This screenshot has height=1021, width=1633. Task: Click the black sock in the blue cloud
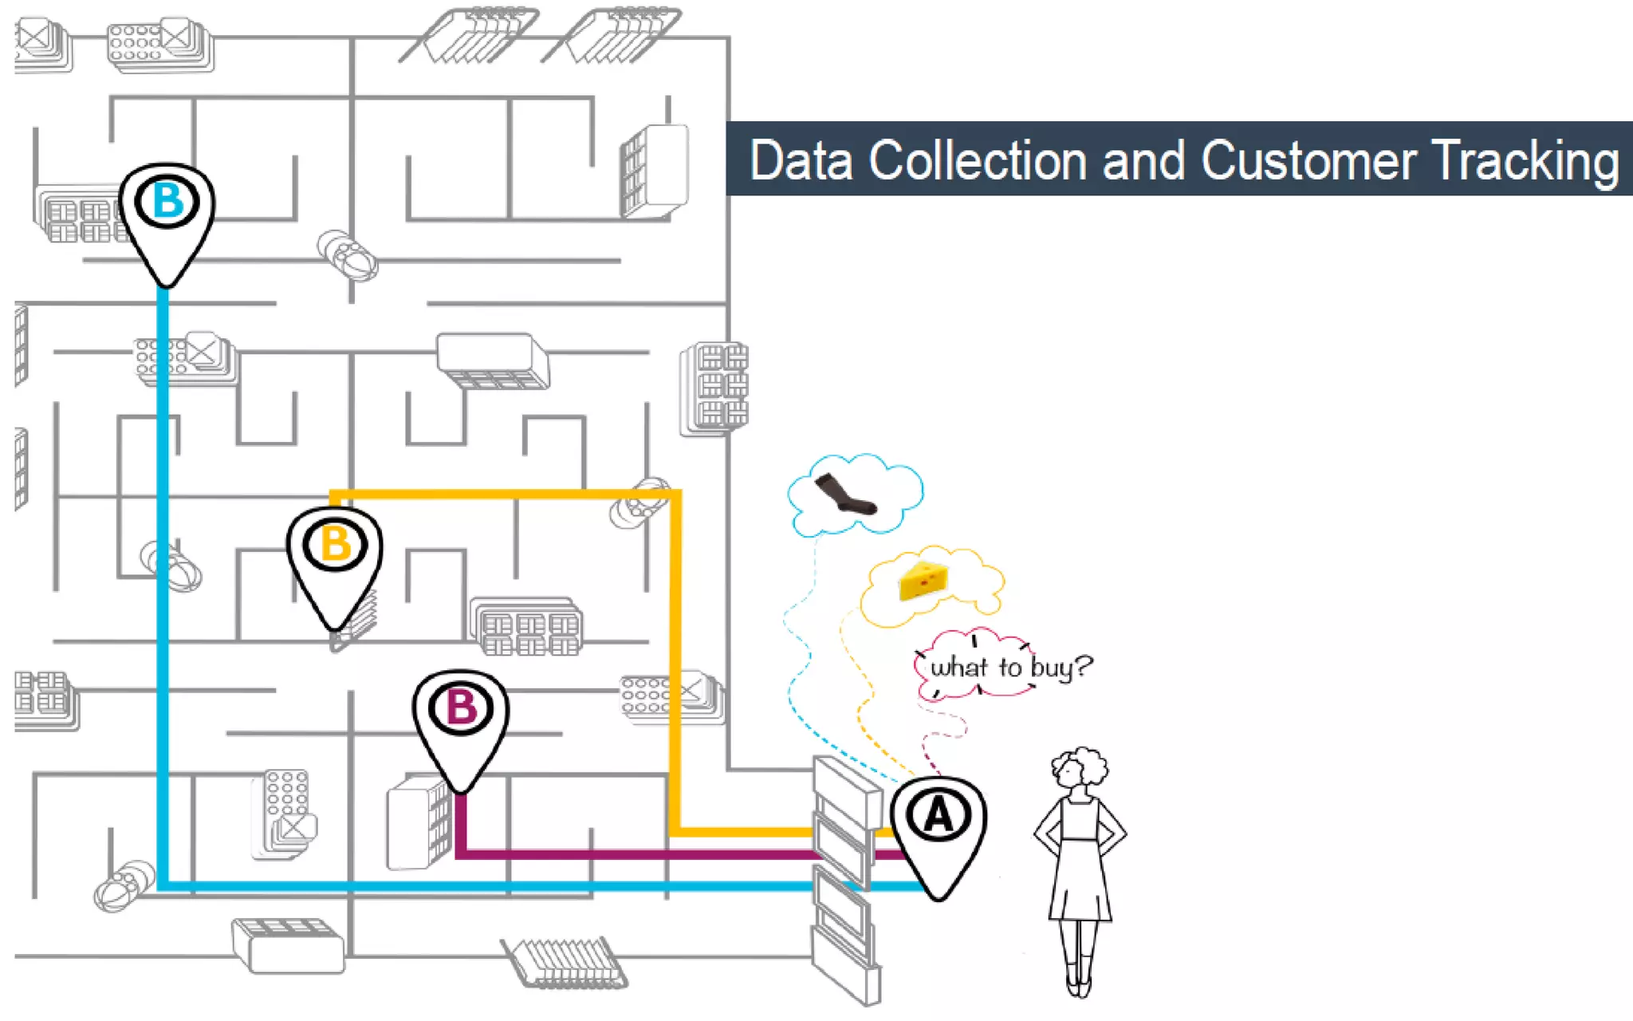click(x=846, y=495)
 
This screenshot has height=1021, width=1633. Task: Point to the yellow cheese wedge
click(x=923, y=580)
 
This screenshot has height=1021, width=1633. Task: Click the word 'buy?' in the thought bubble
click(x=1061, y=667)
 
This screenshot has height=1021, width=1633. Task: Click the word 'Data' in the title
click(x=801, y=161)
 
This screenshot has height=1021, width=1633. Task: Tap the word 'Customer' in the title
click(x=1307, y=161)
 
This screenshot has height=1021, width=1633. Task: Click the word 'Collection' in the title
click(x=978, y=161)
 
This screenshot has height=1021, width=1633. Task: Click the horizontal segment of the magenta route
click(x=638, y=854)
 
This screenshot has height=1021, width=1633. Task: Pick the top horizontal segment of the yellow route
click(x=502, y=495)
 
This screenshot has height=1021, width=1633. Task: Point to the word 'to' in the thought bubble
click(x=1009, y=667)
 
